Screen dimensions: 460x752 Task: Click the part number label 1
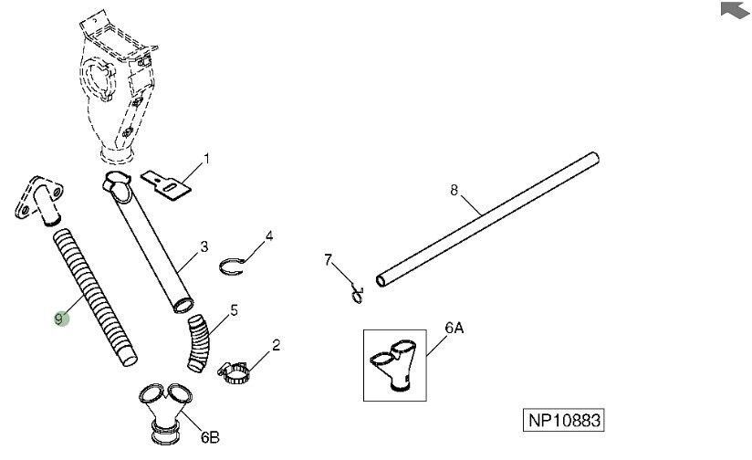[206, 159]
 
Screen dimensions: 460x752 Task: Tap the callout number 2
[276, 345]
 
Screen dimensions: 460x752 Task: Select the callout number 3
[204, 246]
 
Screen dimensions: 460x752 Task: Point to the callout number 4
[269, 236]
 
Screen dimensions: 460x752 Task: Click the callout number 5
[235, 310]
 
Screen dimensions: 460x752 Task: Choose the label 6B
[209, 437]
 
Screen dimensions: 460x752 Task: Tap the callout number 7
[329, 262]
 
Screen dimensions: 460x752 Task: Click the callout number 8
[454, 191]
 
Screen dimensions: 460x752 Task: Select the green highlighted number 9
[60, 319]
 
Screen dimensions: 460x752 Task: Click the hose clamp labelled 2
[236, 371]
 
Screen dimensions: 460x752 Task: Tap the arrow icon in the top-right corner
[733, 10]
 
